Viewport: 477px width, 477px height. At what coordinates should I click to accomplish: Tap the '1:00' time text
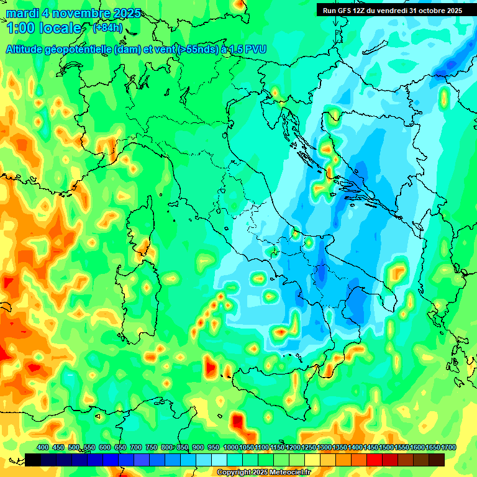pyautogui.click(x=20, y=28)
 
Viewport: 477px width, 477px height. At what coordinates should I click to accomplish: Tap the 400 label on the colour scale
pyautogui.click(x=43, y=447)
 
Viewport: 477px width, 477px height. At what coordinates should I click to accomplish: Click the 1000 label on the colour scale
pyautogui.click(x=230, y=447)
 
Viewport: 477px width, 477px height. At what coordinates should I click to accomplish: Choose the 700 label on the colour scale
pyautogui.click(x=137, y=447)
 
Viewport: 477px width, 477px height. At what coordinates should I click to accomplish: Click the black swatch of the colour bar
pyautogui.click(x=33, y=460)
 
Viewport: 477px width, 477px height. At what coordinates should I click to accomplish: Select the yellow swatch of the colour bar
pyautogui.click(x=313, y=460)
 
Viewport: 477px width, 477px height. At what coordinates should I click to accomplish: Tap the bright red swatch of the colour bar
pyautogui.click(x=375, y=460)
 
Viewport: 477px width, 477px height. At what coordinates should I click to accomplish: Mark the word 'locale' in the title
pyautogui.click(x=61, y=28)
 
